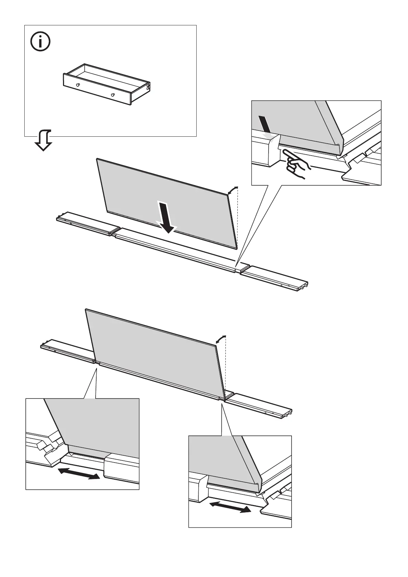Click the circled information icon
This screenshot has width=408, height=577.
pyautogui.click(x=40, y=42)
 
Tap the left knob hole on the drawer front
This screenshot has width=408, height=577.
pyautogui.click(x=78, y=85)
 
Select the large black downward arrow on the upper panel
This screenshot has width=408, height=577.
pyautogui.click(x=166, y=217)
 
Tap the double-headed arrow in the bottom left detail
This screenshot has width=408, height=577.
pyautogui.click(x=79, y=474)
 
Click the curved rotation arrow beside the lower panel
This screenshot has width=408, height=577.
pyautogui.click(x=221, y=339)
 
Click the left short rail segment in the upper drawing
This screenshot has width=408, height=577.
pyautogui.click(x=88, y=223)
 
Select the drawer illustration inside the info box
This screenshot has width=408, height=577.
pyautogui.click(x=107, y=84)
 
